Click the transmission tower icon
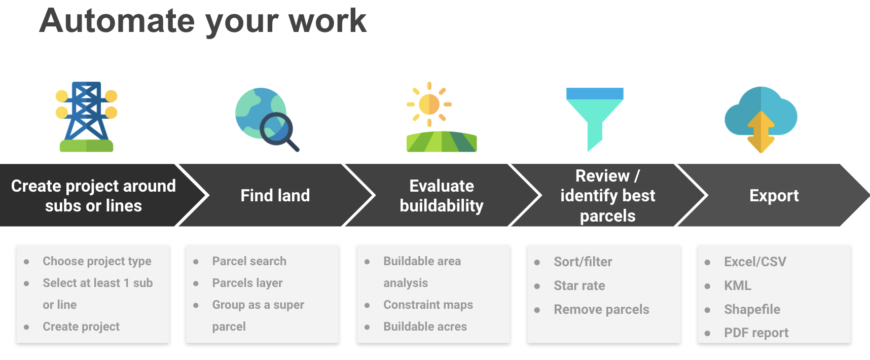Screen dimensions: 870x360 tap(87, 117)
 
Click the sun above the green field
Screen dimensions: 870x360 tap(429, 104)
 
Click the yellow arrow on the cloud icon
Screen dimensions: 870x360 tap(761, 132)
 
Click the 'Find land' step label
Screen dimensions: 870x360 tap(275, 195)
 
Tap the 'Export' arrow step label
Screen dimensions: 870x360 tap(774, 195)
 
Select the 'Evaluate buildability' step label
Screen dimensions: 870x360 tap(442, 196)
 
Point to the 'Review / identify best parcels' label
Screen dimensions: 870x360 tap(608, 196)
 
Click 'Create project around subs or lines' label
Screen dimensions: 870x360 tap(93, 196)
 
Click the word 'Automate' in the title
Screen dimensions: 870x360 tap(117, 21)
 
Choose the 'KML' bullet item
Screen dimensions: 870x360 tap(738, 285)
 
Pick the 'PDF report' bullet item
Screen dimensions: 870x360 tap(756, 333)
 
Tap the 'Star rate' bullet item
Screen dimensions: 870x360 tap(579, 285)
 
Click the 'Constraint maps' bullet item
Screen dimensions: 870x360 tap(428, 305)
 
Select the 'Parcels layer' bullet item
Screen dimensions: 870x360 tap(247, 283)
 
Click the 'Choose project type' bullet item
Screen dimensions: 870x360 tap(97, 261)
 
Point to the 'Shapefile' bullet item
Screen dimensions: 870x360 tap(752, 309)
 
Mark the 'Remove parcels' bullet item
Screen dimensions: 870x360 tap(601, 309)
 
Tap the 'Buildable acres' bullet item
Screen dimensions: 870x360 tap(425, 327)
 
